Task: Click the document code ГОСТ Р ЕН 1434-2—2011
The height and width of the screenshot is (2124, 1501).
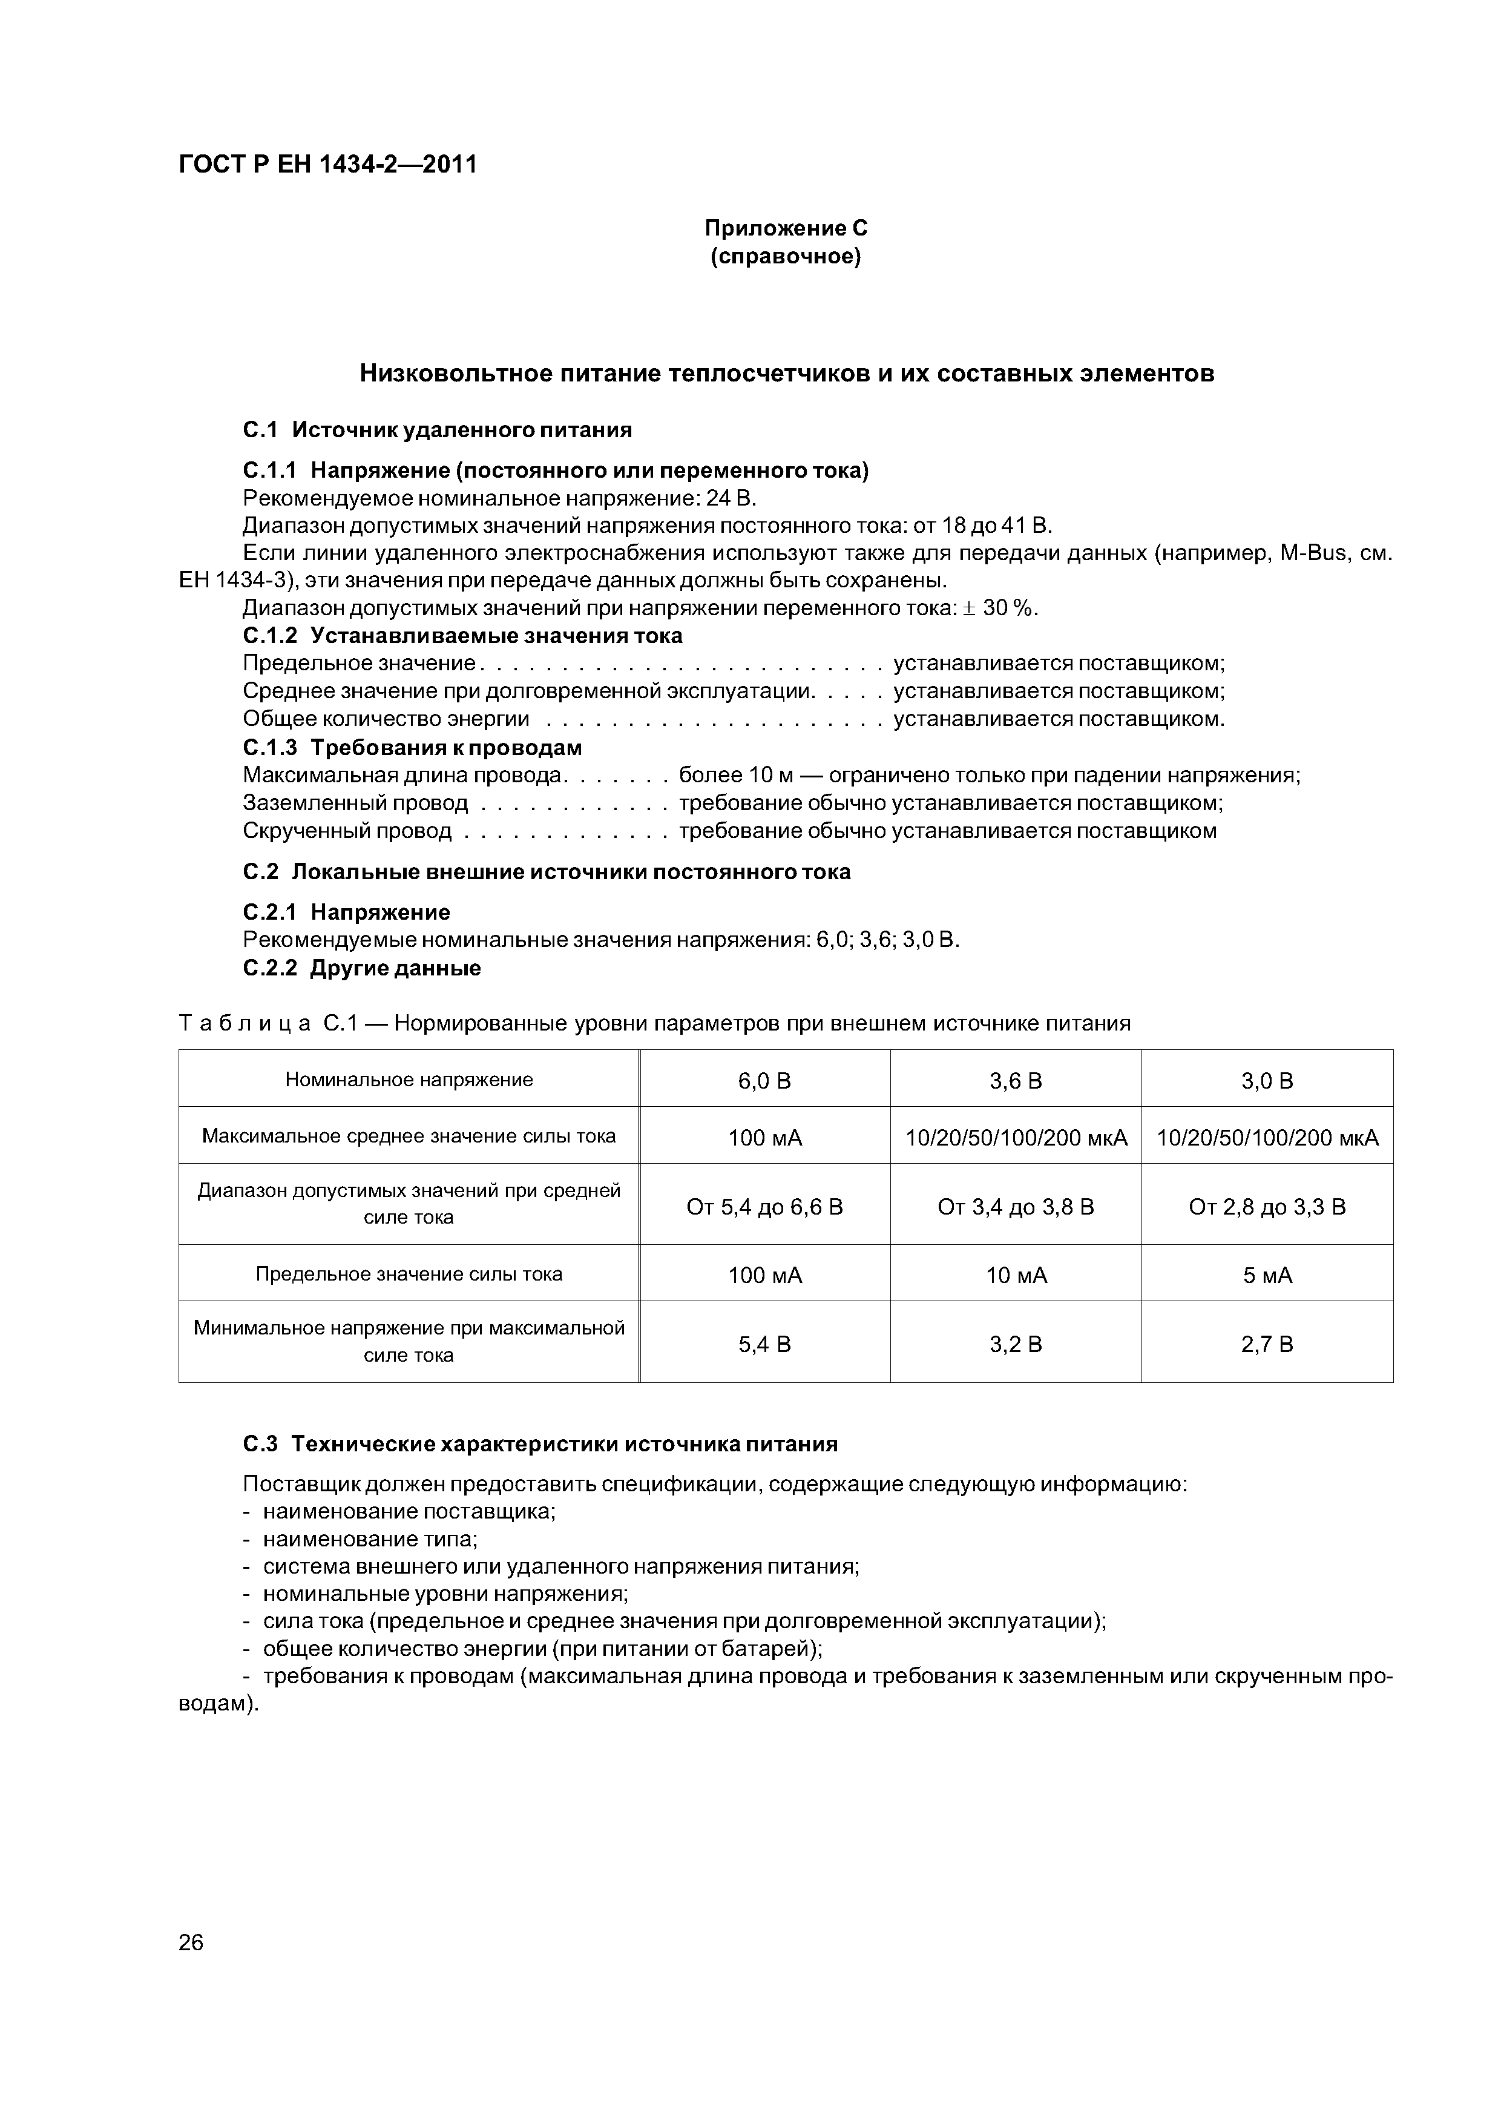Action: click(327, 165)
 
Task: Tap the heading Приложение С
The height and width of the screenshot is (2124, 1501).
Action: click(786, 228)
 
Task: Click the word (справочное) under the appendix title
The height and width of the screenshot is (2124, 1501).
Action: click(786, 256)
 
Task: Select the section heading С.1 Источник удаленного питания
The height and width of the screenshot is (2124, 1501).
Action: click(438, 429)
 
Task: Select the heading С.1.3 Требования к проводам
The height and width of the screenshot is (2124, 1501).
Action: click(413, 747)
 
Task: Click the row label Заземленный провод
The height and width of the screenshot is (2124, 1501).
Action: click(355, 803)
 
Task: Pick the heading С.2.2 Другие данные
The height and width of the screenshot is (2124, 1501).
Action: click(361, 968)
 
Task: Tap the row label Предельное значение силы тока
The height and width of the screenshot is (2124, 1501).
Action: click(409, 1274)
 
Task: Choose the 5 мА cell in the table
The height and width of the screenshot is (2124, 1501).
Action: click(1267, 1276)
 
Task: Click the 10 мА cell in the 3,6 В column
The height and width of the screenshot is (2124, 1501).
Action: click(1016, 1276)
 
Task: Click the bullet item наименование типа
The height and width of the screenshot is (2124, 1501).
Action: click(370, 1539)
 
